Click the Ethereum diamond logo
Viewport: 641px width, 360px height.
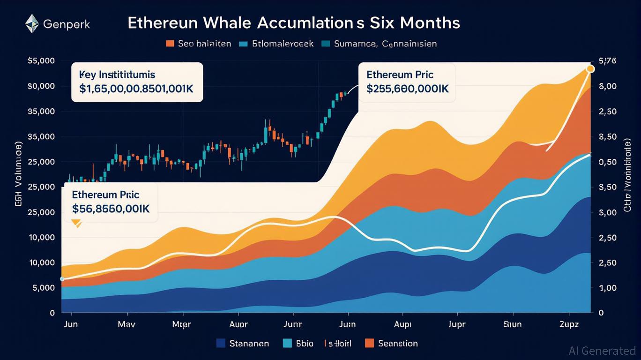tap(32, 23)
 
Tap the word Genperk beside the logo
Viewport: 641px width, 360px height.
tap(67, 24)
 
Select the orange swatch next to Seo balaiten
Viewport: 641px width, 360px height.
tap(170, 44)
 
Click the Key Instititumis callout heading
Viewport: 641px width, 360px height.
tap(117, 75)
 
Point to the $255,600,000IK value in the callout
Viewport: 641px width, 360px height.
tap(408, 89)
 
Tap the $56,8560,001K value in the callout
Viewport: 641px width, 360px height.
tap(111, 209)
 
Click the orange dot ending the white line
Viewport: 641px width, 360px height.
tap(590, 69)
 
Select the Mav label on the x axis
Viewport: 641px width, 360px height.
tap(127, 324)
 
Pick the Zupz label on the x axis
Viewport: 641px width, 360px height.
tap(569, 324)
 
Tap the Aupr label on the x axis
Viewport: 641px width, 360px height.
tap(239, 324)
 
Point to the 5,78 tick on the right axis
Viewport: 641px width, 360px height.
tap(608, 61)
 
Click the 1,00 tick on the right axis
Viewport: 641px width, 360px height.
tap(609, 288)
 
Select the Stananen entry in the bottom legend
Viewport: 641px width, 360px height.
tap(249, 343)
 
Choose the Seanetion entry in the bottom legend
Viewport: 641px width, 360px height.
tap(398, 343)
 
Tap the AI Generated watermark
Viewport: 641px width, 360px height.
tap(602, 351)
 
